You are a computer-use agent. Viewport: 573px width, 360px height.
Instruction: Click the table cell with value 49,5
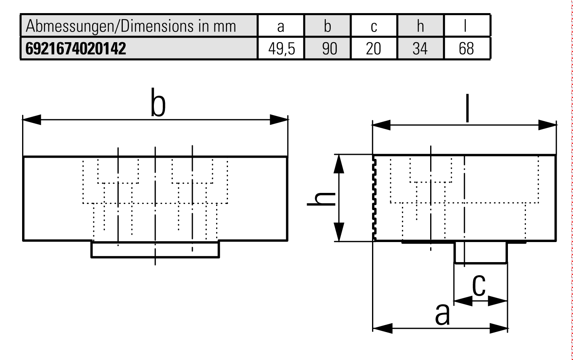(281, 49)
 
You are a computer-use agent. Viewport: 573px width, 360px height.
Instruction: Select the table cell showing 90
(328, 49)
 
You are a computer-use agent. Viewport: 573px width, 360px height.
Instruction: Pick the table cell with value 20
(373, 49)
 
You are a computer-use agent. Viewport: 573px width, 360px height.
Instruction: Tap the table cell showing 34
(420, 49)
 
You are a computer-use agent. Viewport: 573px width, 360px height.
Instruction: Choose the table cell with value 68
(466, 49)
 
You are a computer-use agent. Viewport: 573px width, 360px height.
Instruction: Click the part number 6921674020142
(76, 49)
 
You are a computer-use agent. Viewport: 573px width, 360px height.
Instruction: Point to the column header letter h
(420, 26)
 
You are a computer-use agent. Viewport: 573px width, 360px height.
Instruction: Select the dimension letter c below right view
(478, 285)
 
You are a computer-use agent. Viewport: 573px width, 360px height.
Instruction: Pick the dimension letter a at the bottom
(442, 314)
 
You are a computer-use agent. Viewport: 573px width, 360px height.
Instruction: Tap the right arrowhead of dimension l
(548, 125)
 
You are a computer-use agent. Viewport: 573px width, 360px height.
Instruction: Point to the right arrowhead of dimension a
(499, 328)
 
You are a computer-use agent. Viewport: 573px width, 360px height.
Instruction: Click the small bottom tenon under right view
(481, 252)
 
